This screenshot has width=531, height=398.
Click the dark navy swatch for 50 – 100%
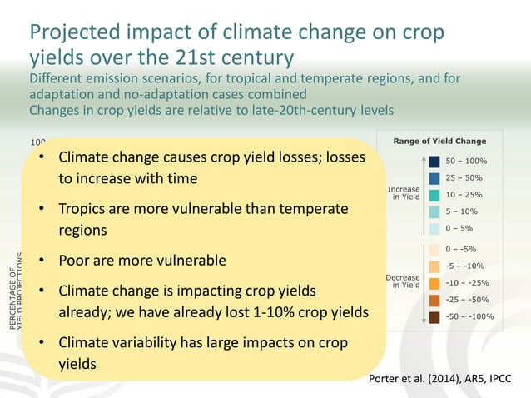coord(434,161)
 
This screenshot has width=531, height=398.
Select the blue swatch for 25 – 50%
coord(434,178)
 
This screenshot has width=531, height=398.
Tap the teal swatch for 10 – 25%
coord(434,195)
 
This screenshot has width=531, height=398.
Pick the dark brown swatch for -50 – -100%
coord(434,316)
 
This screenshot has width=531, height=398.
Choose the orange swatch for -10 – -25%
coord(434,283)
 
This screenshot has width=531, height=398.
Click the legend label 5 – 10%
coord(463,211)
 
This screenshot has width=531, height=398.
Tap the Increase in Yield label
coord(404,193)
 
